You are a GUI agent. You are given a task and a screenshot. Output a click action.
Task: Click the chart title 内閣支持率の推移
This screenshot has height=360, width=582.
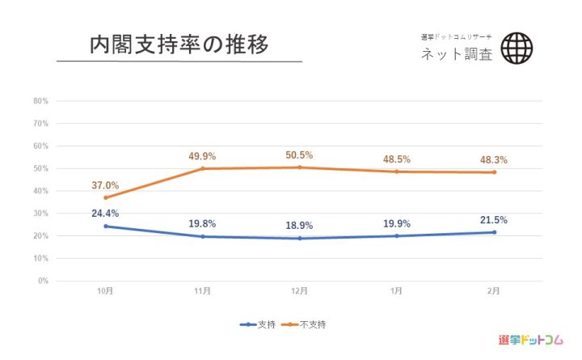click(x=179, y=44)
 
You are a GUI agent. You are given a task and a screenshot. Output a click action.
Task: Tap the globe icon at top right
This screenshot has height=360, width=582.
click(x=517, y=48)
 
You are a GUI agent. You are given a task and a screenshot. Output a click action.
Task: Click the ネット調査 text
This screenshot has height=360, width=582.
click(x=456, y=55)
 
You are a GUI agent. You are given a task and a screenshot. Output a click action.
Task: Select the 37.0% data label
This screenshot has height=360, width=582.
click(x=105, y=185)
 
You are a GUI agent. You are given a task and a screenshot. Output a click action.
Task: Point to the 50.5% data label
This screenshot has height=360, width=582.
click(x=299, y=155)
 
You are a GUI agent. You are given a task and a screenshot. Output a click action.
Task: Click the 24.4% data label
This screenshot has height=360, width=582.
click(x=105, y=214)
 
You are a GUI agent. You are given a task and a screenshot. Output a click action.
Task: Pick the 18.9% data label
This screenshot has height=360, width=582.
click(x=299, y=226)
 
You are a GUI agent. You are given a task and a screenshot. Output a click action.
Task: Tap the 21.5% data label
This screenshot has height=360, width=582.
click(x=493, y=219)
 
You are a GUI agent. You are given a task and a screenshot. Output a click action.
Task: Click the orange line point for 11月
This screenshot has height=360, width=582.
click(x=202, y=168)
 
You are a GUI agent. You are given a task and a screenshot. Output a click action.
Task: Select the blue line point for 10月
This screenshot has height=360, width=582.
click(x=105, y=226)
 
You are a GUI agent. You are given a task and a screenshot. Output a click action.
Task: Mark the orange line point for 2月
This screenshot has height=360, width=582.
click(x=493, y=172)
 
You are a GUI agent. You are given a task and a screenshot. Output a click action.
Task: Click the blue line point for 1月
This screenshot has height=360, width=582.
click(x=396, y=235)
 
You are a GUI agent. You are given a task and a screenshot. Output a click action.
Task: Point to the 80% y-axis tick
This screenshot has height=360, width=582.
click(x=41, y=101)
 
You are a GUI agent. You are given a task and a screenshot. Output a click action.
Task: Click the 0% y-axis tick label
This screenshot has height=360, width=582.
click(x=44, y=281)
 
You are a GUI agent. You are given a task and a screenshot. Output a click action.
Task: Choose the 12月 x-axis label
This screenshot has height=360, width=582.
click(x=299, y=291)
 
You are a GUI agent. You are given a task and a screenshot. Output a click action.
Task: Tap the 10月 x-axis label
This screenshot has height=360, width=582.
click(x=105, y=291)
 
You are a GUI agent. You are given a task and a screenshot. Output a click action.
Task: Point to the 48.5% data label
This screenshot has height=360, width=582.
click(x=396, y=159)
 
